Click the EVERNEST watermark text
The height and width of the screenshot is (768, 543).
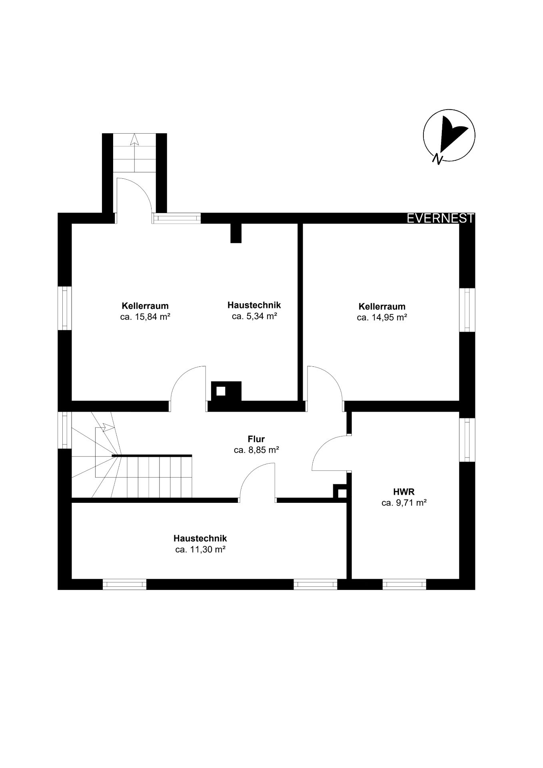[x=441, y=218]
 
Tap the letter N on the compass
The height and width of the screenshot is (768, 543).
[x=438, y=159]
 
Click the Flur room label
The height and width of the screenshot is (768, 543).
[x=256, y=439]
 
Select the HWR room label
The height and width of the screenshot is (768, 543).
[x=404, y=492]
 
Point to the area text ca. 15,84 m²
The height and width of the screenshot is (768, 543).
[x=146, y=317]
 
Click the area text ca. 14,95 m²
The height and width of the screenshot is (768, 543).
[x=382, y=318]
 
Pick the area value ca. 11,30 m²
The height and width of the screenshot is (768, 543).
[x=200, y=550]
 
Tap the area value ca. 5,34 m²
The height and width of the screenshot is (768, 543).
[x=255, y=316]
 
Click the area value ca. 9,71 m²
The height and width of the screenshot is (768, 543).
[x=404, y=503]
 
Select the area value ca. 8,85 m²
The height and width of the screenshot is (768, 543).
[x=256, y=450]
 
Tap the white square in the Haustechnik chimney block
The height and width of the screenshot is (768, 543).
[x=221, y=391]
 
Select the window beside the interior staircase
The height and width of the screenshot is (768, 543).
[x=64, y=430]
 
